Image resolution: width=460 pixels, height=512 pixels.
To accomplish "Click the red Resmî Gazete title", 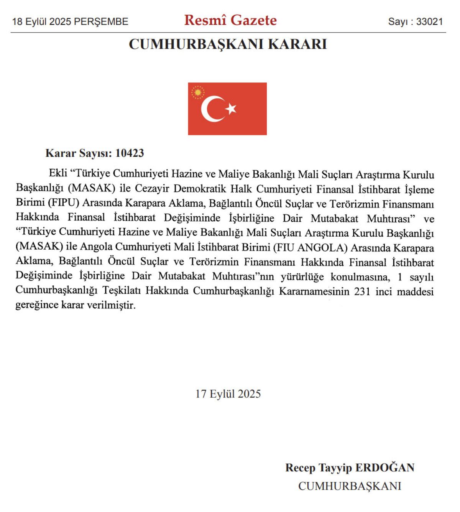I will tap(230, 20).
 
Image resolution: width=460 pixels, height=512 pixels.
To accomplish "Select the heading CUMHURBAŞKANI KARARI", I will tap(228, 44).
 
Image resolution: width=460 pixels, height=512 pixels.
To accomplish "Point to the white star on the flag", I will tap(231, 109).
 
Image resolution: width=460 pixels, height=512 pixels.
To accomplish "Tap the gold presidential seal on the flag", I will tap(198, 92).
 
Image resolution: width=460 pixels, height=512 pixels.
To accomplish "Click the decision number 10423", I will tap(130, 153).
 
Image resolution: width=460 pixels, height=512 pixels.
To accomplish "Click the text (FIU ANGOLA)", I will tap(310, 247).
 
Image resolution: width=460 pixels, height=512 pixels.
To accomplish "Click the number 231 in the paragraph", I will tap(362, 291).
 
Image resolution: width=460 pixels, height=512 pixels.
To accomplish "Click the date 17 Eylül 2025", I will tap(228, 394).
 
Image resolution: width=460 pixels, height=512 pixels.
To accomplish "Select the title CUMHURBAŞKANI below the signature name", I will tap(350, 486).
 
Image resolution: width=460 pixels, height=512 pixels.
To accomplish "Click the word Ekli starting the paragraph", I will tap(58, 173).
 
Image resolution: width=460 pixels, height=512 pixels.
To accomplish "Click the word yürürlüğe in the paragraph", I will tap(302, 277).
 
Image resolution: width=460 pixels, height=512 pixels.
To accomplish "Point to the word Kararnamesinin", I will tap(314, 291).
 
